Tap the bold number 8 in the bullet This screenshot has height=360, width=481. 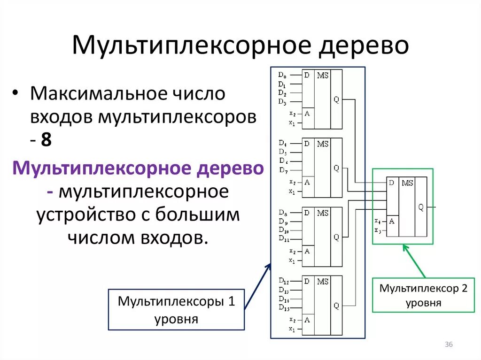46,140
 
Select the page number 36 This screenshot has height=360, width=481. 448,345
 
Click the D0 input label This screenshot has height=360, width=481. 282,74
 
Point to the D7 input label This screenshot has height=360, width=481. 282,169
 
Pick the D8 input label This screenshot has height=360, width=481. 282,212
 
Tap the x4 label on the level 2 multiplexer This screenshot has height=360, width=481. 378,221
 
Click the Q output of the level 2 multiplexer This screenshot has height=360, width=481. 420,207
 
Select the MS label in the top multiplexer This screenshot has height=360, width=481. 322,75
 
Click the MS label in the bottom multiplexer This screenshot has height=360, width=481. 322,281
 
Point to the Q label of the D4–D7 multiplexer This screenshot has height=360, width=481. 336,168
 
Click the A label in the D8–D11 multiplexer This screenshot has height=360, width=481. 307,251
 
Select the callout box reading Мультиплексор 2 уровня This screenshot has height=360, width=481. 423,295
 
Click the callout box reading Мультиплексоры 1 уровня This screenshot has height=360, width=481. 176,309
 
